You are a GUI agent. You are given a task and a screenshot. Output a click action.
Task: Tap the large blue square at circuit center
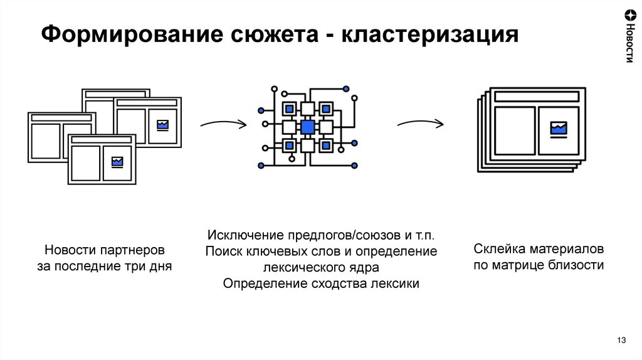pyautogui.click(x=307, y=127)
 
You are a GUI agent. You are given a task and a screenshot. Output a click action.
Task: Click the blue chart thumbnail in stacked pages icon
pyautogui.click(x=558, y=129)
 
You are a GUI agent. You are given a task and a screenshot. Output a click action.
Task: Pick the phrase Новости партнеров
pyautogui.click(x=104, y=250)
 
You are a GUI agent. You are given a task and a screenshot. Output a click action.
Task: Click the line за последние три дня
pyautogui.click(x=104, y=267)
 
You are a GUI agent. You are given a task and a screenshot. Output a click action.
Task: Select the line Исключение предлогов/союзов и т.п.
pyautogui.click(x=320, y=236)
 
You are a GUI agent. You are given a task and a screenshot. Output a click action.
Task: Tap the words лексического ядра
pyautogui.click(x=320, y=267)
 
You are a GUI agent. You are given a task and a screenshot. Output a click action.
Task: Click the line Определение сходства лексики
pyautogui.click(x=320, y=283)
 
